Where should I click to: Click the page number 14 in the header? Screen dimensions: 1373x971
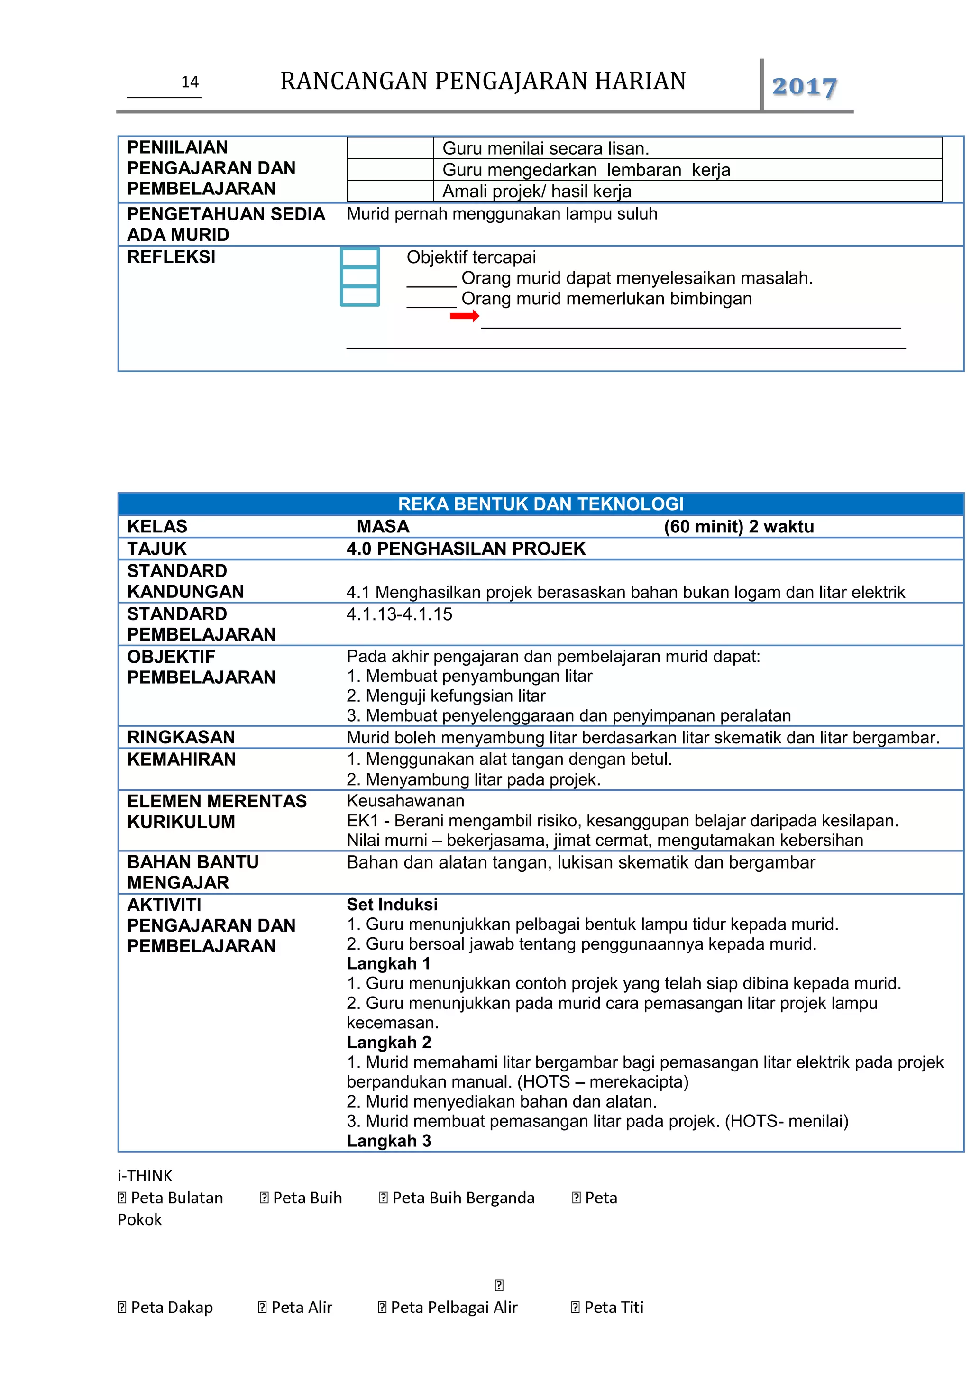click(190, 82)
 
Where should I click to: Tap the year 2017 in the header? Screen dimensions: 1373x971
click(804, 87)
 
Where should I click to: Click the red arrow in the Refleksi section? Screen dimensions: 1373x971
click(464, 316)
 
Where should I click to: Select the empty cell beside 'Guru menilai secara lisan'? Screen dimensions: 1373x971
click(390, 148)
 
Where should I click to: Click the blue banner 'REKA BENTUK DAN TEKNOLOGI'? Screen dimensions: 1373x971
click(540, 504)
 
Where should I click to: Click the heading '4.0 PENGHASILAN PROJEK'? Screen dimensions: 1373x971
click(466, 549)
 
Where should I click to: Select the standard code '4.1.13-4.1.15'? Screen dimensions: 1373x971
click(399, 614)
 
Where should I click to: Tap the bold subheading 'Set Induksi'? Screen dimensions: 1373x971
click(392, 904)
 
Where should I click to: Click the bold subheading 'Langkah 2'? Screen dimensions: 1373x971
click(389, 1042)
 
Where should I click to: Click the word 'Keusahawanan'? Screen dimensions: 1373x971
click(405, 801)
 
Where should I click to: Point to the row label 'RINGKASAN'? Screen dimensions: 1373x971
click(181, 737)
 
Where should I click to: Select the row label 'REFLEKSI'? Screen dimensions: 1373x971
click(171, 257)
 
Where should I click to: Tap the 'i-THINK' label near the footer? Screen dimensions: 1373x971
click(145, 1176)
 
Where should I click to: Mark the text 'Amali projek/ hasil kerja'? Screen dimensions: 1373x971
click(536, 192)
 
